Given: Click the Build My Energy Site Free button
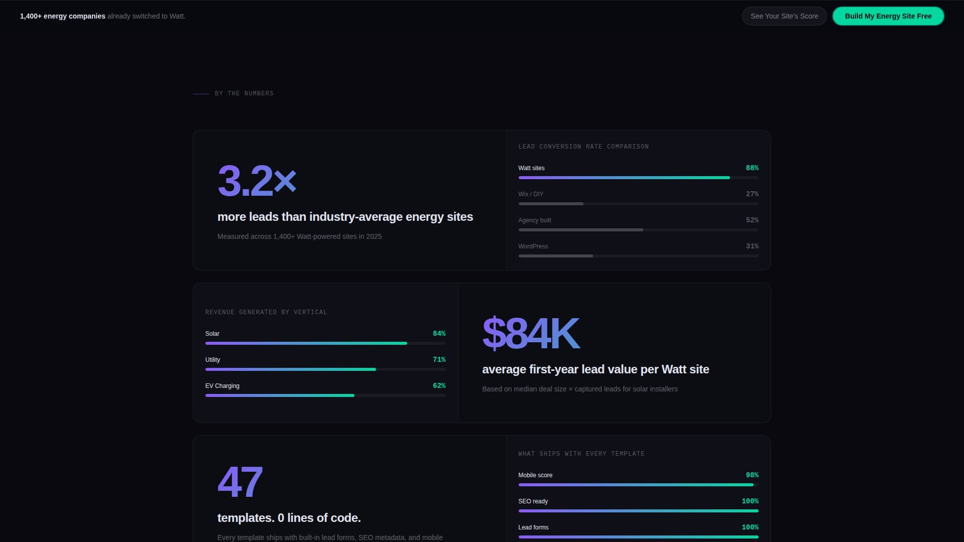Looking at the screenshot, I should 888,16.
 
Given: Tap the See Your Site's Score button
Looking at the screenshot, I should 784,16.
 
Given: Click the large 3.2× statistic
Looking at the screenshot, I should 257,181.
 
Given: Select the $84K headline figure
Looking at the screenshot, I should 531,333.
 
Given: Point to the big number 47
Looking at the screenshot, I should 240,482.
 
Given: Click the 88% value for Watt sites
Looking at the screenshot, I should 752,168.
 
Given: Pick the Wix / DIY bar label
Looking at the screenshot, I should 531,194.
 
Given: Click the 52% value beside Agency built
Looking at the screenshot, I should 752,220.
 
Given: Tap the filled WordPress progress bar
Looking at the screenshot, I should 555,256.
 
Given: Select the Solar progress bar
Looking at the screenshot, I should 306,343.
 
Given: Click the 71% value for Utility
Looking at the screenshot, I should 439,360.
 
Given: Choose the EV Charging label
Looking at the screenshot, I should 222,386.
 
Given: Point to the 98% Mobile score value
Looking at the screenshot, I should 752,475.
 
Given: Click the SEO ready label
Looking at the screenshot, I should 533,501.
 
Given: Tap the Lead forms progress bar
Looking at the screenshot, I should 638,537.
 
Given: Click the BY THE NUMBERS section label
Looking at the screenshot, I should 244,93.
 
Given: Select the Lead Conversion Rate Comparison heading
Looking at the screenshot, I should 583,147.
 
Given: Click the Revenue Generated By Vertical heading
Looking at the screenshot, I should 266,312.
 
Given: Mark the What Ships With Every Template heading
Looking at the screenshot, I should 581,454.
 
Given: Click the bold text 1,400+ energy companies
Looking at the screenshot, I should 63,16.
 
